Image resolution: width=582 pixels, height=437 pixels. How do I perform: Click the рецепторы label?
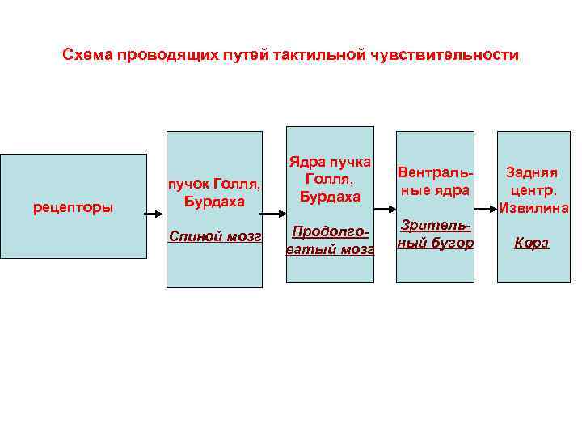(74, 209)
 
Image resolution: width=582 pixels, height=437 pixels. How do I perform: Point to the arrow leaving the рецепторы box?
(154, 214)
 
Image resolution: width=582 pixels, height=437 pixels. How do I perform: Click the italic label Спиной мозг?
(214, 235)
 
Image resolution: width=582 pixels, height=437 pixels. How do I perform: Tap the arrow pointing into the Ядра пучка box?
(274, 214)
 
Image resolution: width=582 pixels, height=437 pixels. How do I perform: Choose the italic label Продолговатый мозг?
(330, 240)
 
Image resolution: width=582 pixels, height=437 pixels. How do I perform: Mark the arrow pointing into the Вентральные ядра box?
(384, 214)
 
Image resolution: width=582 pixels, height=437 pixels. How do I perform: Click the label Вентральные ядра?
(434, 181)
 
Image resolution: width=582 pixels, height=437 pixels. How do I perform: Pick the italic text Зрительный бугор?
(434, 235)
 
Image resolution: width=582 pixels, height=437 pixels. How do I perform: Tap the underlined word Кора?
(532, 243)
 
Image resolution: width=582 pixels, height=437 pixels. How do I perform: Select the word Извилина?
(533, 208)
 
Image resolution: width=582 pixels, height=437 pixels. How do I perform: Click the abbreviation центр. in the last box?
(533, 190)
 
